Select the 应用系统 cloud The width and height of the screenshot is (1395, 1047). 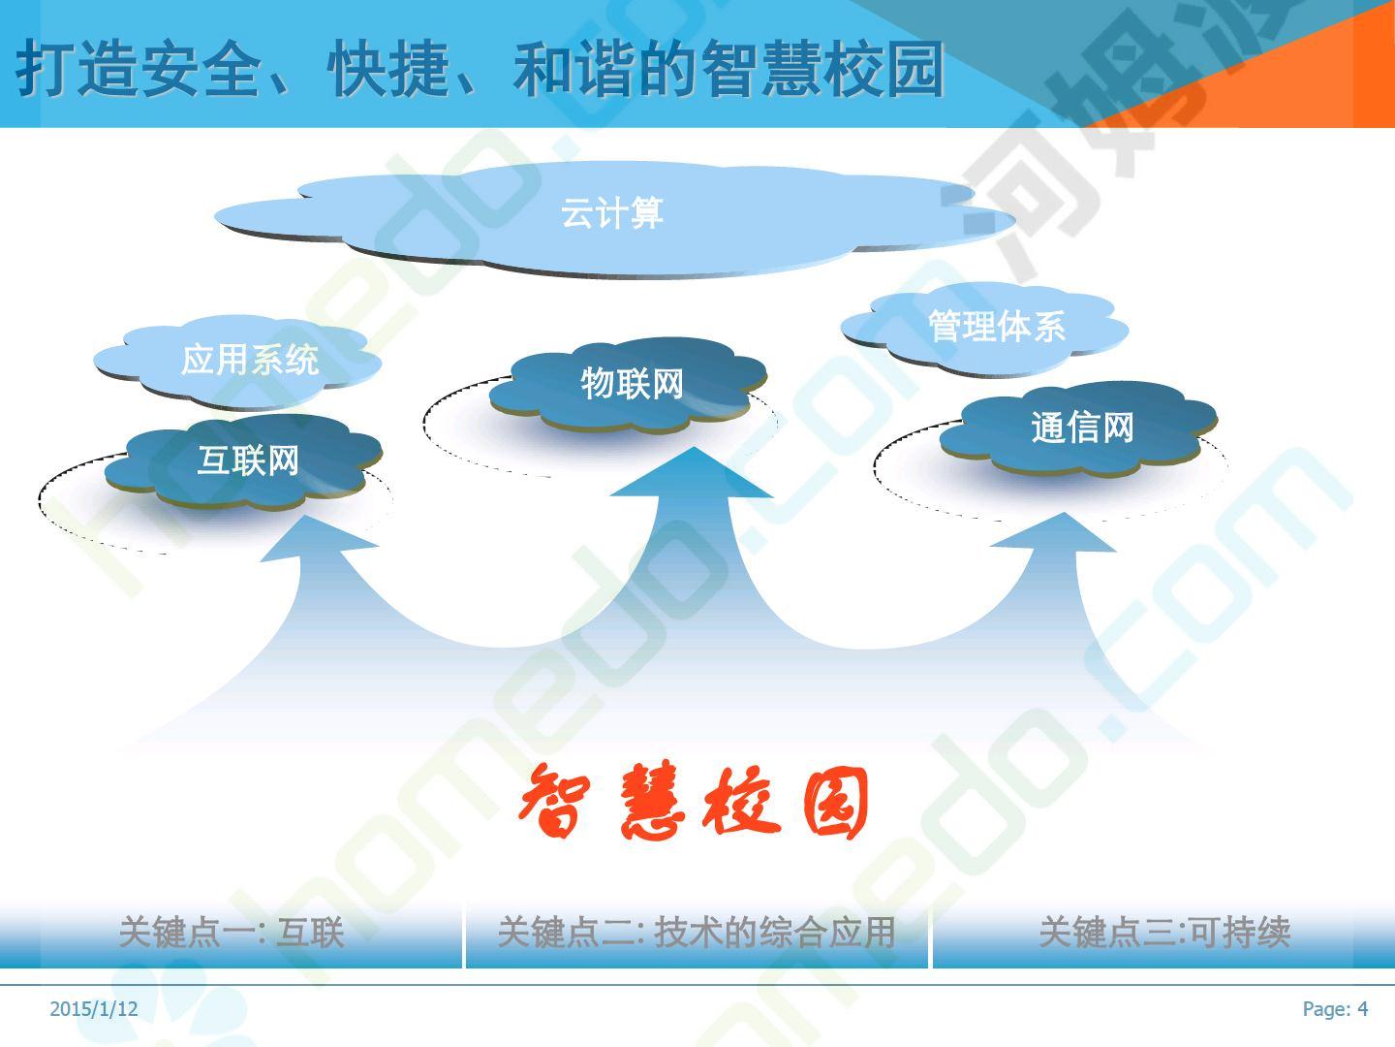237,360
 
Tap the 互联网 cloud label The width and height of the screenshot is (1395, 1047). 248,460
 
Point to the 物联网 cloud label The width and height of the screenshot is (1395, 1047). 632,383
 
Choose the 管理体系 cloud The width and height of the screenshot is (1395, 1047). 985,327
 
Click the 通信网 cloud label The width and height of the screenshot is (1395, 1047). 1082,427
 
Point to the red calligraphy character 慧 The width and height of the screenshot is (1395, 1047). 652,800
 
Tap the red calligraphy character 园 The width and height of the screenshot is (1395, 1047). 836,803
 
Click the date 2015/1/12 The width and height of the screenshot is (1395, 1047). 93,1009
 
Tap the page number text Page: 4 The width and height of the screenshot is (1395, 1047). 1335,1009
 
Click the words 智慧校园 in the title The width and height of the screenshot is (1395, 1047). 822,69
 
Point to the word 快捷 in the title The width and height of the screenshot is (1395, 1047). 388,69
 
